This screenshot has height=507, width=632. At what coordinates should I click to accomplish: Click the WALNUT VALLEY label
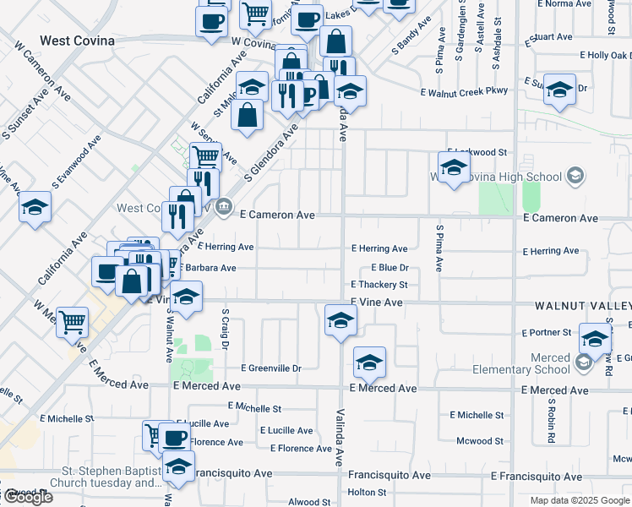(582, 303)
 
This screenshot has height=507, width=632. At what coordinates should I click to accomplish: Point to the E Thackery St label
(379, 286)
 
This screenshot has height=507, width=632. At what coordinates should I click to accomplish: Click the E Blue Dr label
(390, 267)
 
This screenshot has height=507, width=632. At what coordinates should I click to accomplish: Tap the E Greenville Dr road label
(271, 368)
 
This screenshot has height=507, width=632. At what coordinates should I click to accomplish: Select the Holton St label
(367, 492)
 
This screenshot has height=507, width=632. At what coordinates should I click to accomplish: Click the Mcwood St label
(479, 441)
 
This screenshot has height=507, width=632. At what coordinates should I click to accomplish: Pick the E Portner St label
(547, 333)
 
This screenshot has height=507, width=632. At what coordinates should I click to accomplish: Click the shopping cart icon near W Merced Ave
(73, 321)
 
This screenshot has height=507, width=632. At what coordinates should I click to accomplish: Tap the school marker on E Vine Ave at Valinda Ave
(341, 319)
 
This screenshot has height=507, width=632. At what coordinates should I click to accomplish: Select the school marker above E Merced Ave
(369, 362)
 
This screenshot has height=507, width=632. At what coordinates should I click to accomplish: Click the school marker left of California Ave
(35, 206)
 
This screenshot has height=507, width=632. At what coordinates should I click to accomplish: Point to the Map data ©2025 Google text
(580, 500)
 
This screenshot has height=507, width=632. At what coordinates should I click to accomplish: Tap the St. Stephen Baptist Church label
(106, 477)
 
